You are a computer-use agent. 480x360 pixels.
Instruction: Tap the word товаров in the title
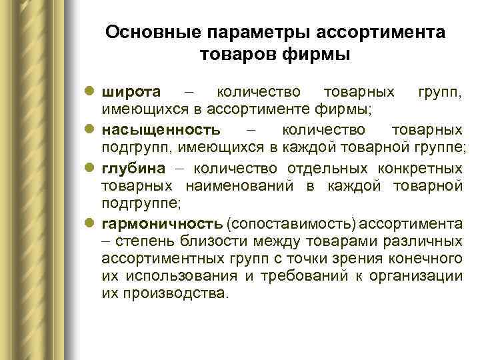[x=236, y=54]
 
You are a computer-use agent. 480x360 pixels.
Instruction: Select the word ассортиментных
[x=155, y=257]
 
